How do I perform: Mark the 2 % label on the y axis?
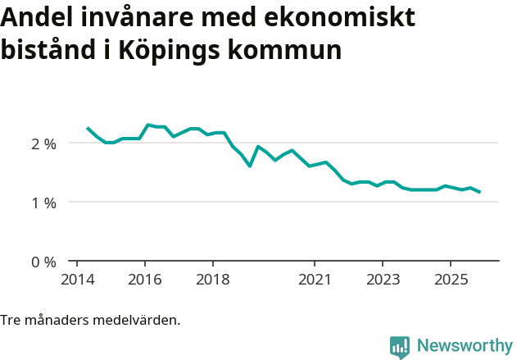pyautogui.click(x=43, y=144)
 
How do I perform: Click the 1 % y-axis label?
pyautogui.click(x=43, y=203)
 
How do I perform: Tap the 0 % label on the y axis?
pyautogui.click(x=43, y=262)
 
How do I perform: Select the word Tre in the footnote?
pyautogui.click(x=11, y=320)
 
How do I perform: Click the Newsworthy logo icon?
pyautogui.click(x=400, y=346)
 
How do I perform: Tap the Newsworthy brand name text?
pyautogui.click(x=464, y=346)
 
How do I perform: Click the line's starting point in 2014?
pyautogui.click(x=88, y=128)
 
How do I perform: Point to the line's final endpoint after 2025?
pyautogui.click(x=480, y=192)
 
